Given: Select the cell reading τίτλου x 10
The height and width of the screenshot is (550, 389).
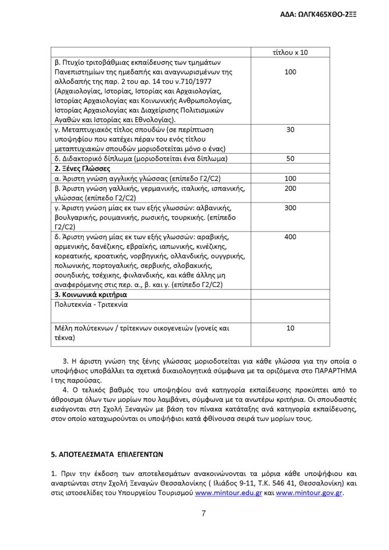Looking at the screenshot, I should pyautogui.click(x=290, y=52).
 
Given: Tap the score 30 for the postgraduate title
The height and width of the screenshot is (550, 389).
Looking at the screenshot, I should pyautogui.click(x=290, y=129).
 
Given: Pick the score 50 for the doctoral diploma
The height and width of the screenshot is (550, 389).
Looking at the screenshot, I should pyautogui.click(x=290, y=158).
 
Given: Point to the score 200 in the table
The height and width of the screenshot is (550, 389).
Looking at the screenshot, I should pyautogui.click(x=290, y=188).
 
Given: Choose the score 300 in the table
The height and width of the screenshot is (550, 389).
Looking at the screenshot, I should pyautogui.click(x=290, y=207).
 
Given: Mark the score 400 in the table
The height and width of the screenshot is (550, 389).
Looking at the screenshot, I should pyautogui.click(x=290, y=236).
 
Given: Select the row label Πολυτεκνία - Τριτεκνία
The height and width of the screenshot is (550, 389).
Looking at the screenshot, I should pyautogui.click(x=93, y=304).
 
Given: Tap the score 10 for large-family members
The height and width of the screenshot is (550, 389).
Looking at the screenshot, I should pyautogui.click(x=290, y=328).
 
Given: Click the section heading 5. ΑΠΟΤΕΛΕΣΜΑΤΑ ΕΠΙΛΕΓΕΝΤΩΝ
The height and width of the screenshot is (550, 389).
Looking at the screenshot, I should pyautogui.click(x=106, y=453).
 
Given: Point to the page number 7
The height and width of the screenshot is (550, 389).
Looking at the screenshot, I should pyautogui.click(x=204, y=513).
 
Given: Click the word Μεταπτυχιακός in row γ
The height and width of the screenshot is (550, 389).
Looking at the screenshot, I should pyautogui.click(x=88, y=129).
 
